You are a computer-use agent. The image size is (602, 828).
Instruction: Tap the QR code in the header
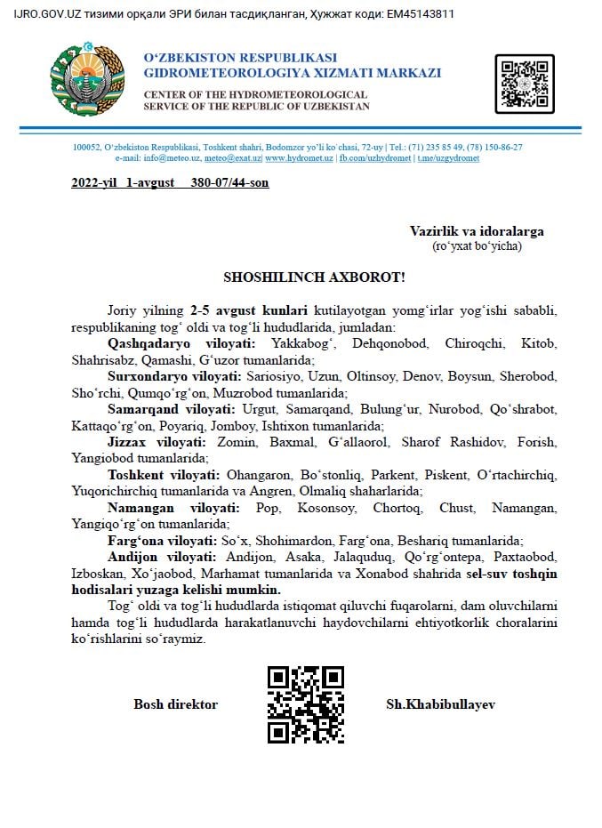525,84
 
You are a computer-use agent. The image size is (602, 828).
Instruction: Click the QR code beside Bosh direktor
305,704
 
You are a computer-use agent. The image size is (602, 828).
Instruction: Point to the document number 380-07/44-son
229,183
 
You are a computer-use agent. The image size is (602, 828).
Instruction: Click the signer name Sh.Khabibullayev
440,704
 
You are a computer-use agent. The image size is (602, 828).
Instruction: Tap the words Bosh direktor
175,704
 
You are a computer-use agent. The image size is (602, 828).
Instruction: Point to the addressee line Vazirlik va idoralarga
477,231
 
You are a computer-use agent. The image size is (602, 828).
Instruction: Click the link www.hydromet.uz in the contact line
299,158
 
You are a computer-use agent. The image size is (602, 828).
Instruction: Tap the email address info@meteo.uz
168,158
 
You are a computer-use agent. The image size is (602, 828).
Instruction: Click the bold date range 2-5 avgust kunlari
249,309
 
